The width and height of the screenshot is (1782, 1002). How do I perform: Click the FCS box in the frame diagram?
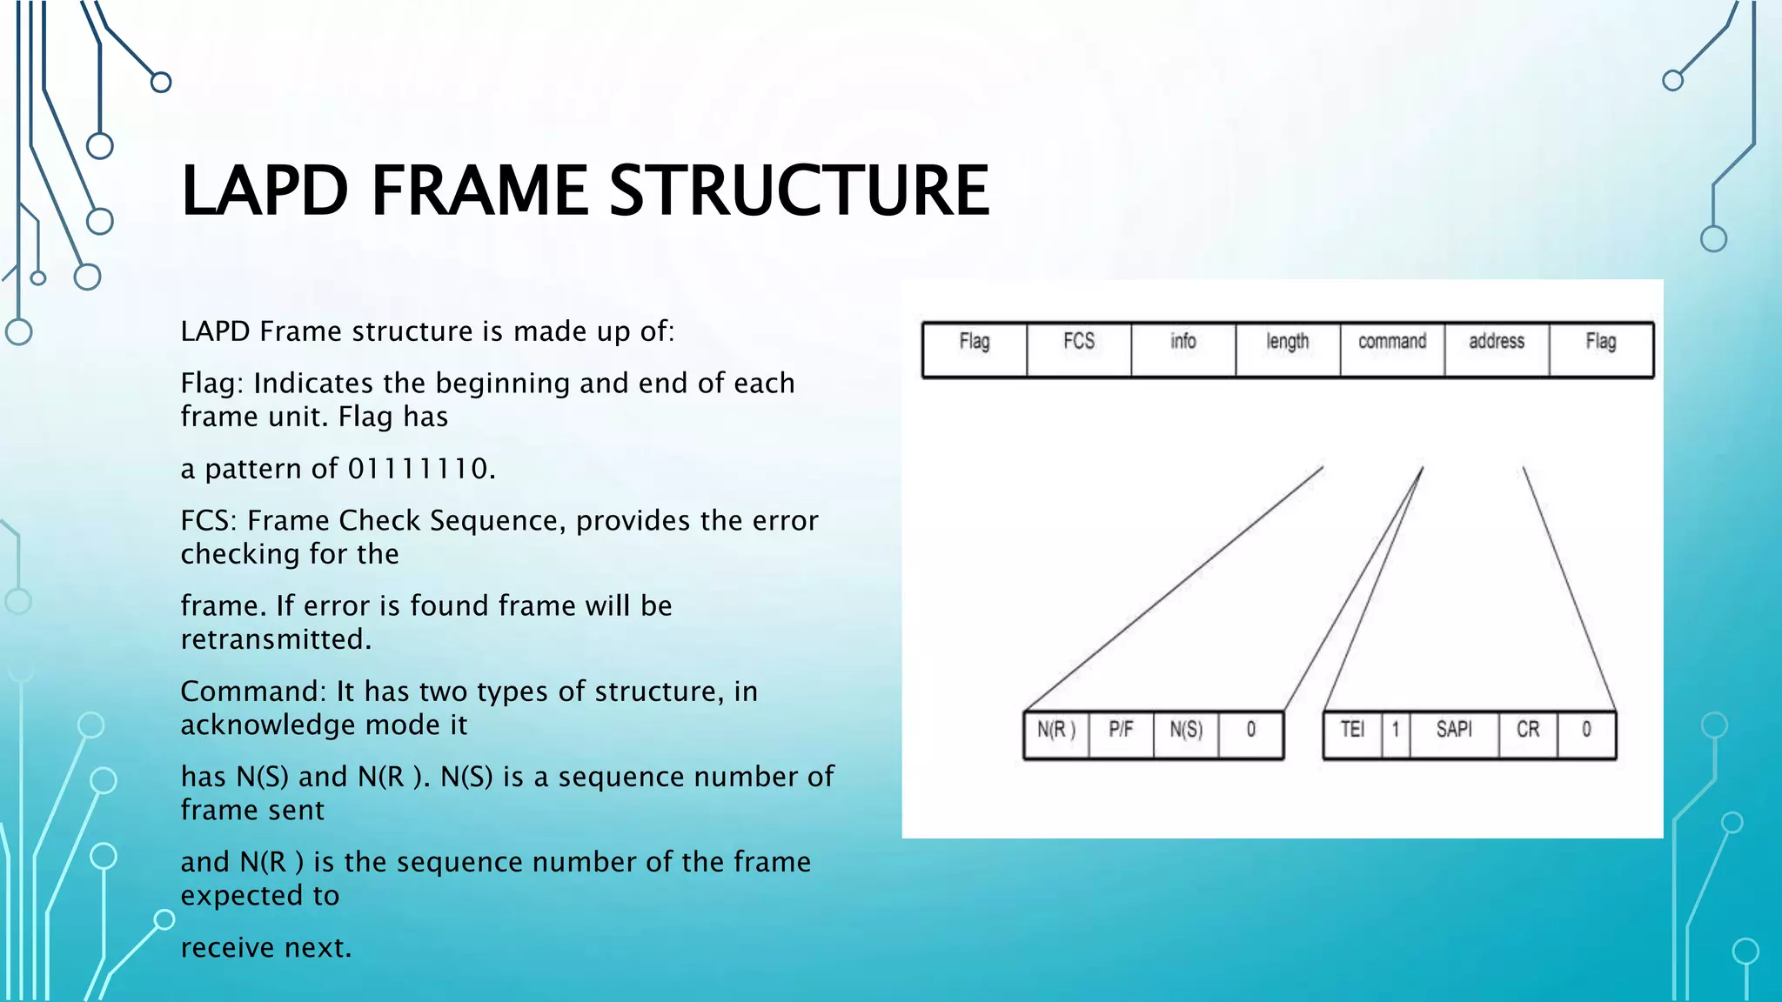1079,349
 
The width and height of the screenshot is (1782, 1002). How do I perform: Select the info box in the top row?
1183,349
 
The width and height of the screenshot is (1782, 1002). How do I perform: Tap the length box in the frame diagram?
1288,349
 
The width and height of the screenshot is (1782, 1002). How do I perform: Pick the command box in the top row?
1392,349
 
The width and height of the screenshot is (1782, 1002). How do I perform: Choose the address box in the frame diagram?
1497,349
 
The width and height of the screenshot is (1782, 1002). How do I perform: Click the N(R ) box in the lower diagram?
1056,735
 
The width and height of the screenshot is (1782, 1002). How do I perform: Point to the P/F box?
1121,735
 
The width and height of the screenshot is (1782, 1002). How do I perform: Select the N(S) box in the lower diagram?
1186,735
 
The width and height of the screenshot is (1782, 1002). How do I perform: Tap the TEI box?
1352,735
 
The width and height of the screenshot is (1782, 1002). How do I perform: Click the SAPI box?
1454,735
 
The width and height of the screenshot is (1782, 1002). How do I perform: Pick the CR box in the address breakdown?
1528,735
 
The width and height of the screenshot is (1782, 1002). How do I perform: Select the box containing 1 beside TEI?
1396,735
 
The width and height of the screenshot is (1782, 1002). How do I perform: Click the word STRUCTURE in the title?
798,190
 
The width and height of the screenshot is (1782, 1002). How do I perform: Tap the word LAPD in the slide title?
265,190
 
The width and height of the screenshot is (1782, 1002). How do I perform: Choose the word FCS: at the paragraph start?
209,520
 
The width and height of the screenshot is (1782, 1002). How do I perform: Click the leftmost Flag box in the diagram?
975,349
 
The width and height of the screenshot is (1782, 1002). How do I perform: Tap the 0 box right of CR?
1586,735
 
